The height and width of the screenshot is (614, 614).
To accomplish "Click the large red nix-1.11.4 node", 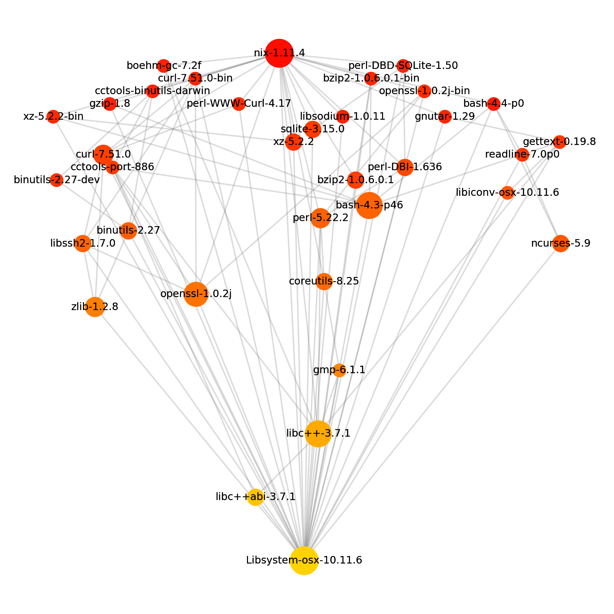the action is [279, 53].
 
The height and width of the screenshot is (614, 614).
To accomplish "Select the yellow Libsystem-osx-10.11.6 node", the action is [304, 560].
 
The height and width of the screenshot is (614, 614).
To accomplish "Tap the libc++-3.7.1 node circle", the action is [318, 434].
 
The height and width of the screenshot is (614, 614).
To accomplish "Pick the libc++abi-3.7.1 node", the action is [255, 497].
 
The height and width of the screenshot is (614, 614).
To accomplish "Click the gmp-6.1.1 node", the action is [339, 370].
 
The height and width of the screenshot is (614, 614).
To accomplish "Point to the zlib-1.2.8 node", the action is [95, 307].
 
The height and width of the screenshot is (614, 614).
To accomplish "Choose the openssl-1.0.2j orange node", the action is [196, 294].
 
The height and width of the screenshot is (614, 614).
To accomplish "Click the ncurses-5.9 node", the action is [560, 244].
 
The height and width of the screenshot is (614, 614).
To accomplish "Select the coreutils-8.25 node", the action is [324, 282].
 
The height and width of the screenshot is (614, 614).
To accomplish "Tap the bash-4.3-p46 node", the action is [369, 205].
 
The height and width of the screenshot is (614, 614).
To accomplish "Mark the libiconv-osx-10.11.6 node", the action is [507, 193].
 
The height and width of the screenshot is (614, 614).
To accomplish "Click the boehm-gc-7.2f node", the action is [164, 65].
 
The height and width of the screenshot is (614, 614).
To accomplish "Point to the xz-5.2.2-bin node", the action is [53, 117].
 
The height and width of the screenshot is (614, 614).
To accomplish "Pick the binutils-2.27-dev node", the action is [57, 180].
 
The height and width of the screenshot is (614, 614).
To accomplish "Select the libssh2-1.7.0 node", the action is [83, 244].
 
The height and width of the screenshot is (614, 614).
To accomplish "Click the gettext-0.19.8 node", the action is [559, 142].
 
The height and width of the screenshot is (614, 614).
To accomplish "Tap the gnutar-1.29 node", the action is [444, 117].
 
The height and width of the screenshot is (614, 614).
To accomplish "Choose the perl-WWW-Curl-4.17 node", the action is [239, 104].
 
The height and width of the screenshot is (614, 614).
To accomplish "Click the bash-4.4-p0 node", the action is [494, 104].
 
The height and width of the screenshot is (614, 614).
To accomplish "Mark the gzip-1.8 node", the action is [109, 104].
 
